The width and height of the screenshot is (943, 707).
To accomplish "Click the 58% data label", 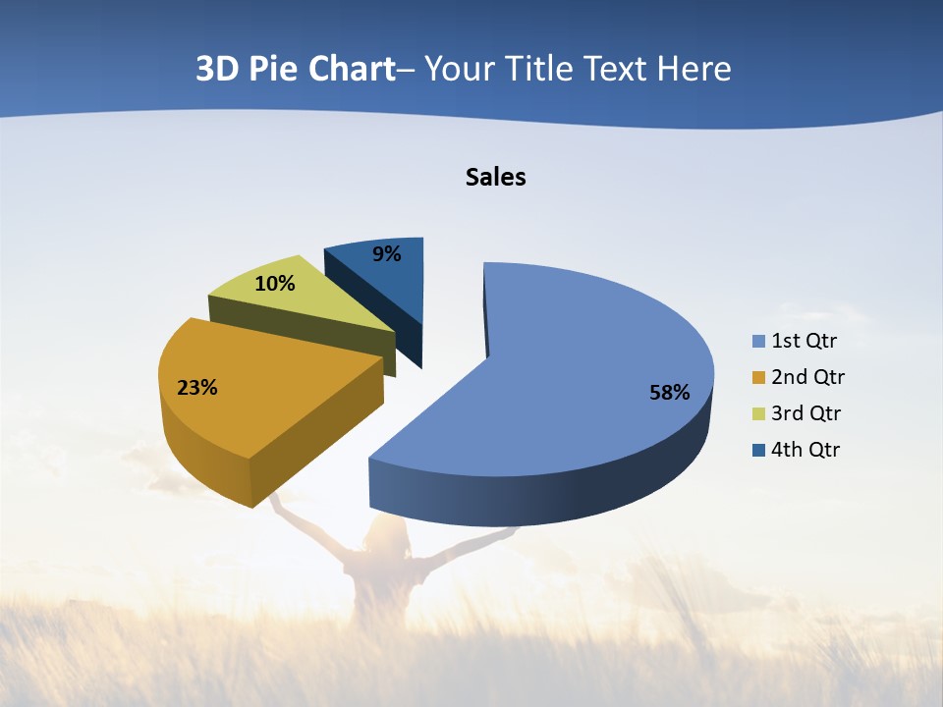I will click(x=669, y=393).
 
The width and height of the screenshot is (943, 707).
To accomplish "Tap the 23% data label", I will click(x=196, y=388).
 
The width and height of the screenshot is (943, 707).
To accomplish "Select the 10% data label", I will click(x=275, y=284).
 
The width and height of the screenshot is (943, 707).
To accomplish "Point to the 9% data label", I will click(x=387, y=254).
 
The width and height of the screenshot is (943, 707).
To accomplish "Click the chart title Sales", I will click(x=496, y=177).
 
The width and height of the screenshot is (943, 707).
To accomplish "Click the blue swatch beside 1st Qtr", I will click(x=758, y=342).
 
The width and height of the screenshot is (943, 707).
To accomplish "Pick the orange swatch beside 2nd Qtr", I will click(x=758, y=377).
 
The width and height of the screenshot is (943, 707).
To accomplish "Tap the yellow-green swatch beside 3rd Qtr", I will click(x=758, y=413).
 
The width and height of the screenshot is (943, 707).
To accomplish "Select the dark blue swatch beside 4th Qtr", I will click(x=758, y=450).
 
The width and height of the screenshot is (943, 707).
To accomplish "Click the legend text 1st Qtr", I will click(x=804, y=342).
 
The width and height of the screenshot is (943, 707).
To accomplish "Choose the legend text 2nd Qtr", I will click(x=807, y=377).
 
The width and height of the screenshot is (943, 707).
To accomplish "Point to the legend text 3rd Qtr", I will click(x=806, y=413).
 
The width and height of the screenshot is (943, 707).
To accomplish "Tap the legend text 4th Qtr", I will click(x=806, y=450).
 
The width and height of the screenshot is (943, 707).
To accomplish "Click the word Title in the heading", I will click(x=541, y=69).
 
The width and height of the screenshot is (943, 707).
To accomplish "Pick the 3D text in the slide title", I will click(x=217, y=69).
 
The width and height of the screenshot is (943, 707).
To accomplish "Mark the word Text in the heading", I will click(x=615, y=69).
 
